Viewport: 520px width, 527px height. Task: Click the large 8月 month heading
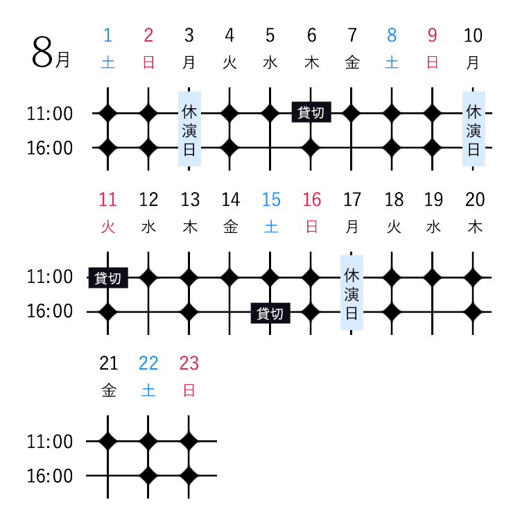coord(51,53)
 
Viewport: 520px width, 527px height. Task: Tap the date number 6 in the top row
coord(311,35)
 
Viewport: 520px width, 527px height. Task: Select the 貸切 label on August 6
coord(311,112)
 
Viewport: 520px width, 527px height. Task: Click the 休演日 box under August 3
coord(189,129)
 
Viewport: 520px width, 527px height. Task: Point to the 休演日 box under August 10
coord(474,129)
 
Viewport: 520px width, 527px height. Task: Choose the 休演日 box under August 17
coord(352,293)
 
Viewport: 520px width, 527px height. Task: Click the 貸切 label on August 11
coord(108,277)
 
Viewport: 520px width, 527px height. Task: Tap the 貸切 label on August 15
coord(270,313)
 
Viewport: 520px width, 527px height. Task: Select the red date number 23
coord(189,363)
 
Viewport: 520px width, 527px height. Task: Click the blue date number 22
coord(148,363)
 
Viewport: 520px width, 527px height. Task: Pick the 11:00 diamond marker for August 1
coord(107,113)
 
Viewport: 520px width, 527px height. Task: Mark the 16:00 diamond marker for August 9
coord(432,148)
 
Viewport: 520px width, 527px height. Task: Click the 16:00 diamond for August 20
coord(473,312)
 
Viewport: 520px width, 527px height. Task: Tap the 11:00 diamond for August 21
coord(107,441)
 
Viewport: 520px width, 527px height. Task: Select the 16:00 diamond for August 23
coord(189,476)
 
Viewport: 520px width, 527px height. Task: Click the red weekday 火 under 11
coord(108,227)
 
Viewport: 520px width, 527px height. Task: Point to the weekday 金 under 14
coord(231,227)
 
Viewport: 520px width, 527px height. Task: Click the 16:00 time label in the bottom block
coord(50,476)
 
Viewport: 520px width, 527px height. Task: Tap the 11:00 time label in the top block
coord(50,114)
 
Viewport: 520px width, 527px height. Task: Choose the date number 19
coord(433,200)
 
